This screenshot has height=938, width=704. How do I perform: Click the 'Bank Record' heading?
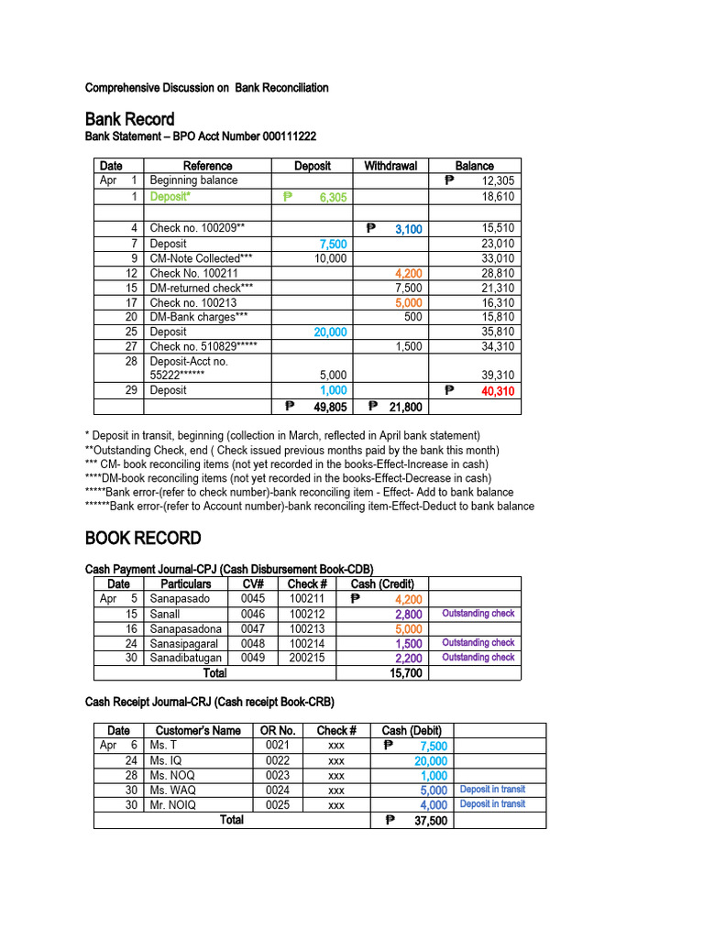coord(129,119)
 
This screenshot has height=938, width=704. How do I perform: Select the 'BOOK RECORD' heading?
coord(142,538)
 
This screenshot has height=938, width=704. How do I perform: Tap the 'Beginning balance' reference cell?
coord(193,180)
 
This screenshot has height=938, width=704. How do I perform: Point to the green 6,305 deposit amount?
coord(326,197)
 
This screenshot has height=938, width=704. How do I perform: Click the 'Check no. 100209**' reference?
coord(197,228)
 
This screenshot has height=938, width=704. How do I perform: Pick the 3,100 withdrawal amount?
coord(408,229)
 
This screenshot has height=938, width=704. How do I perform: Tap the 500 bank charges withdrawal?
coord(413,317)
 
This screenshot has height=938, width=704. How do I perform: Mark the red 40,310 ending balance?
coord(498,391)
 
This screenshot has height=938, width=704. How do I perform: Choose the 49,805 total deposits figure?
coord(329,407)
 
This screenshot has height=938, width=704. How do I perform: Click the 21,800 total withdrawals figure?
coord(404,407)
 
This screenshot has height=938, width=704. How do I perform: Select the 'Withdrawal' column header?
coord(390,166)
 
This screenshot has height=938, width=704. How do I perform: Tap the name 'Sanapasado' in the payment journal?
coord(180,599)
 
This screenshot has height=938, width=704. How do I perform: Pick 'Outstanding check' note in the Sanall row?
coord(478,614)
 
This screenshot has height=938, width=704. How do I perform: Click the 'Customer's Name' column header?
coord(198,730)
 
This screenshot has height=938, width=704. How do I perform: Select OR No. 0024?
coord(278,790)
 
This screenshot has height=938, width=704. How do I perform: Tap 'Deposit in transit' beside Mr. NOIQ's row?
coord(492,804)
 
